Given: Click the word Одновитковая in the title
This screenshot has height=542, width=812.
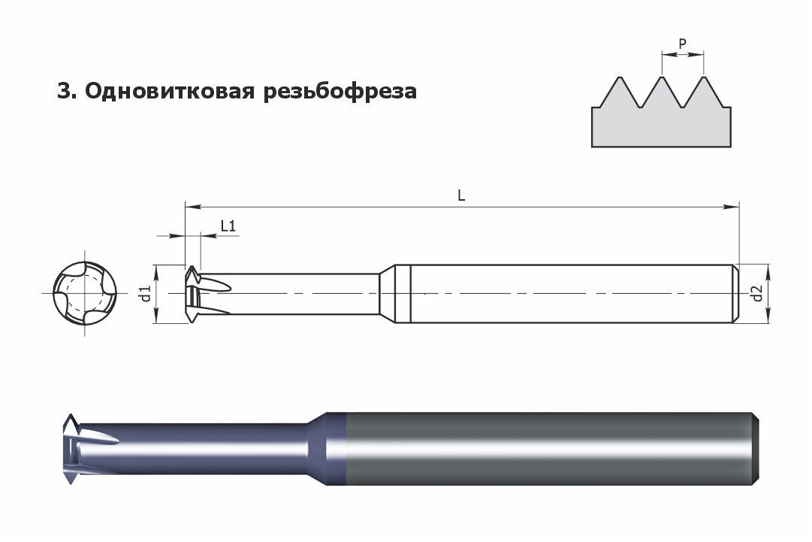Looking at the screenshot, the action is [x=170, y=91].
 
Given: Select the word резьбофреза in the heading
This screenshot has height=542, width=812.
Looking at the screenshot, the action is [x=340, y=92].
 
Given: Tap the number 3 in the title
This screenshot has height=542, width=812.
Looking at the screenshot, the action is [x=64, y=91].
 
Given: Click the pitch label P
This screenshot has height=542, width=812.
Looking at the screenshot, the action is [x=683, y=44].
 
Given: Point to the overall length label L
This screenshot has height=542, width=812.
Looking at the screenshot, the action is [x=461, y=195].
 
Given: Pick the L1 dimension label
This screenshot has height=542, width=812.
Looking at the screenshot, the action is [x=228, y=226].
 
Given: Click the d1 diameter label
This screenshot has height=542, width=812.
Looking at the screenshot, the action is [x=146, y=293].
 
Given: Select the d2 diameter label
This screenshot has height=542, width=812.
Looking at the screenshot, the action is [x=758, y=294].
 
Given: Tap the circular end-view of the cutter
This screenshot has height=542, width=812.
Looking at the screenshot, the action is [x=85, y=293].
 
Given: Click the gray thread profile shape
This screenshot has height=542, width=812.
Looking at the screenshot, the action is [x=661, y=112].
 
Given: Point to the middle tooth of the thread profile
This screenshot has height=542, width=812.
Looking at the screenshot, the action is [x=662, y=92].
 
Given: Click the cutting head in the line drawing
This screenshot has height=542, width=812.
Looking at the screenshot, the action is [x=207, y=294].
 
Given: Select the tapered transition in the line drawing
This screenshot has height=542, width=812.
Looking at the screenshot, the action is [x=388, y=294].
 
